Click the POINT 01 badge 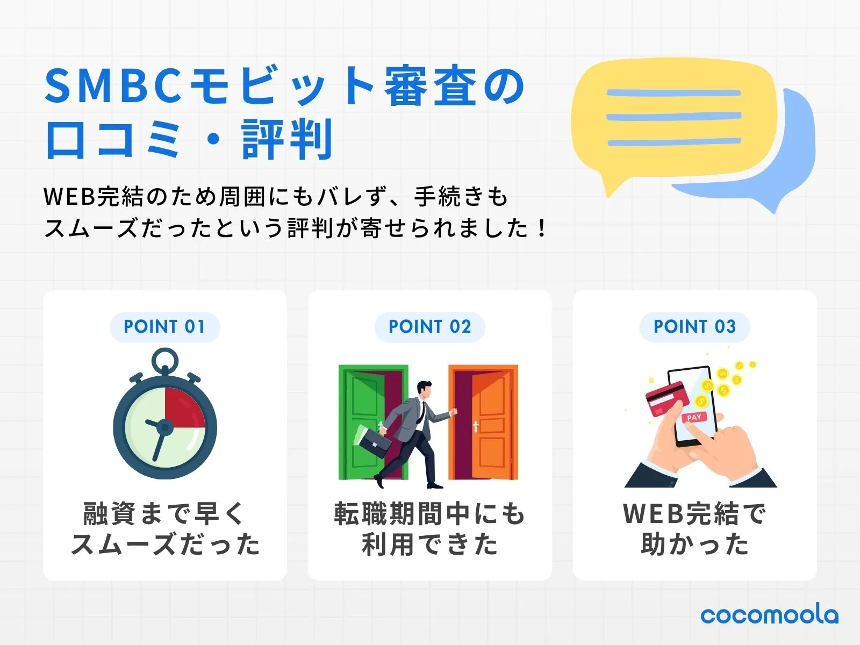[x=164, y=327]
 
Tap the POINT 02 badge [x=429, y=327]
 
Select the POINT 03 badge [x=694, y=327]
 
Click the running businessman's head [x=425, y=390]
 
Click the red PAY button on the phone [x=694, y=417]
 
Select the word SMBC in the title [x=113, y=86]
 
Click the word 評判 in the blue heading [x=288, y=140]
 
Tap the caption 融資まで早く [x=164, y=513]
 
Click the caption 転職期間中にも [x=429, y=513]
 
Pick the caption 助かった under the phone [x=694, y=544]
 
